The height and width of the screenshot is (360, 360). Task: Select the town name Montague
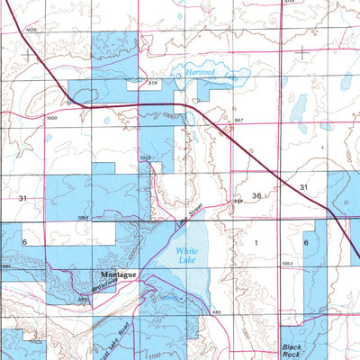(118, 274)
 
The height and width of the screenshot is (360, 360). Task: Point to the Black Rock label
(292, 349)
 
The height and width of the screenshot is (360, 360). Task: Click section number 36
(256, 196)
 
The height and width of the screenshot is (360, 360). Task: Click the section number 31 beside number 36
(304, 187)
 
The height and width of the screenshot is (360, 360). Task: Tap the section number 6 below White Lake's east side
(306, 243)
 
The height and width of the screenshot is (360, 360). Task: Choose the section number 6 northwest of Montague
(26, 243)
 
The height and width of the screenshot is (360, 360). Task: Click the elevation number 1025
(33, 31)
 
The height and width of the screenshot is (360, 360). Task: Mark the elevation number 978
(153, 84)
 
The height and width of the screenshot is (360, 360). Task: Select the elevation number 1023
(145, 157)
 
